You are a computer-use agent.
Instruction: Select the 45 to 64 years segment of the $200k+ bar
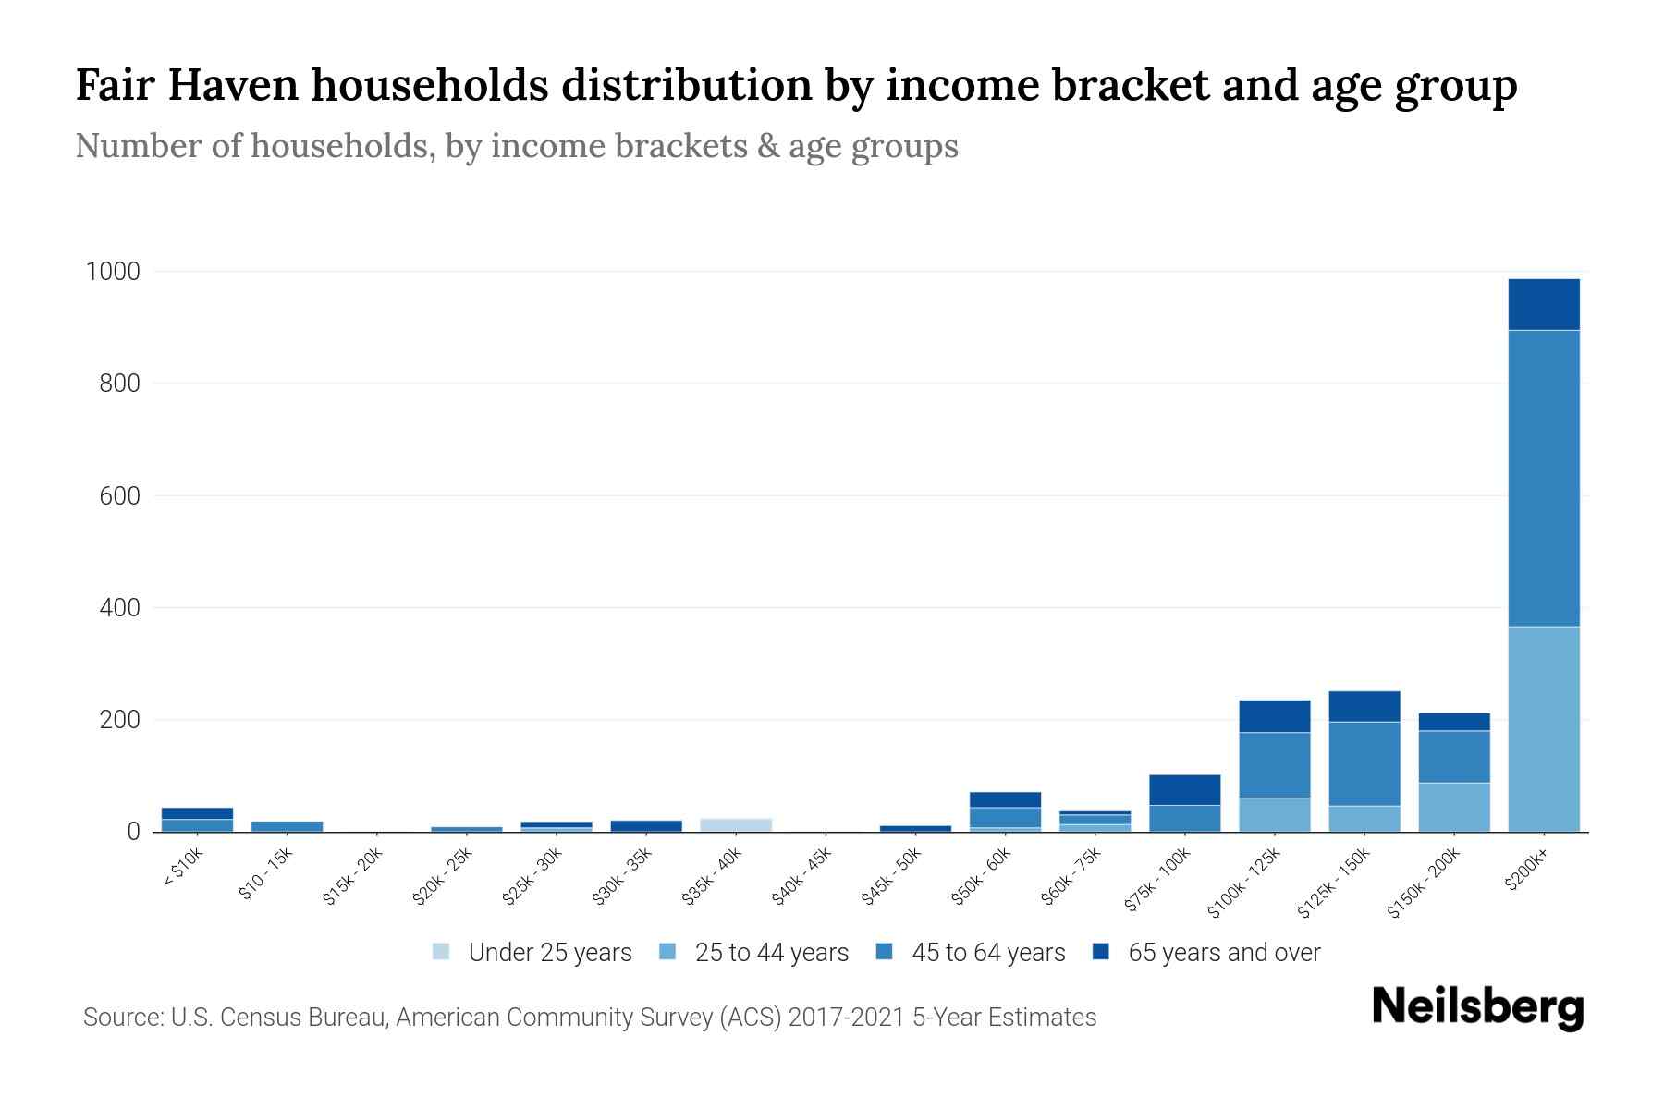point(1543,478)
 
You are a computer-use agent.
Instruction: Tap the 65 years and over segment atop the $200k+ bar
point(1543,304)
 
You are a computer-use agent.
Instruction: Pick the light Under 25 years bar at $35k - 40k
point(736,824)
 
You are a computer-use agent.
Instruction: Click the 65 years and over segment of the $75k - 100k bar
point(1184,789)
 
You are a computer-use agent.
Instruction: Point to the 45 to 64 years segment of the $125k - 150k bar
point(1364,763)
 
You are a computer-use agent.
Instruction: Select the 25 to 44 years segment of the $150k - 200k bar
point(1453,807)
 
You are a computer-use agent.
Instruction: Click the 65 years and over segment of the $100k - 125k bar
point(1274,716)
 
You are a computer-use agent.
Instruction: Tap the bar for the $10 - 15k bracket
point(287,825)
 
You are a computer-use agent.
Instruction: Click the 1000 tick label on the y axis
point(113,272)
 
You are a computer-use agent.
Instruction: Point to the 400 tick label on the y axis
point(119,608)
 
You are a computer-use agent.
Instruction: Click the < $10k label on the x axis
point(183,869)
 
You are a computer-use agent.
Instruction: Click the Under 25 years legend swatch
point(441,952)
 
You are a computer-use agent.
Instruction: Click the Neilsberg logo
point(1477,1007)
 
